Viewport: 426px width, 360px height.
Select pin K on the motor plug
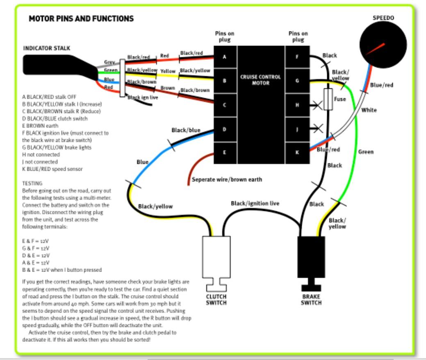coord(298,152)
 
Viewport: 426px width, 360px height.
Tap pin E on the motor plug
coord(224,152)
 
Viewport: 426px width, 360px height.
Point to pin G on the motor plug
coord(298,80)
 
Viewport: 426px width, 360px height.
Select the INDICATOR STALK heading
coord(46,48)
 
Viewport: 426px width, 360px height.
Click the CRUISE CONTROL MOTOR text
coord(261,80)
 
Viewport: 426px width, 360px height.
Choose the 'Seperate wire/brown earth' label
coord(227,180)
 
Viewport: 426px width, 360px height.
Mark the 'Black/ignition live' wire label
coord(255,203)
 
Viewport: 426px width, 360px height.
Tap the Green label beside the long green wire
coord(366,152)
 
